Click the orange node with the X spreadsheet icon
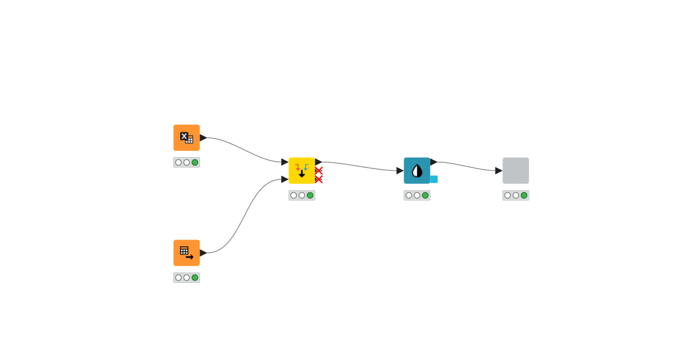tap(186, 138)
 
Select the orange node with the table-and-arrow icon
tap(186, 253)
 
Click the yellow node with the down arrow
tap(301, 170)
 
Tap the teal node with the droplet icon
tap(417, 170)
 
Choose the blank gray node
tap(516, 170)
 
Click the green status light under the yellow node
tap(310, 195)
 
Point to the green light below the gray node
tap(524, 195)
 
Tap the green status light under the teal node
tap(425, 195)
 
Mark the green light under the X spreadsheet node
tap(195, 162)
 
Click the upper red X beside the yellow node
tap(318, 170)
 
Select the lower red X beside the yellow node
tap(318, 179)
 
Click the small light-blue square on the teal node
tap(434, 179)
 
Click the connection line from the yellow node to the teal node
tap(360, 166)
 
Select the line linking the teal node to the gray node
tap(466, 166)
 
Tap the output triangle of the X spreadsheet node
tap(203, 138)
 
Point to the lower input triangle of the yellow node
tap(285, 179)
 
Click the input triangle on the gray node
tap(498, 170)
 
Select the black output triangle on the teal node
tap(433, 162)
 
